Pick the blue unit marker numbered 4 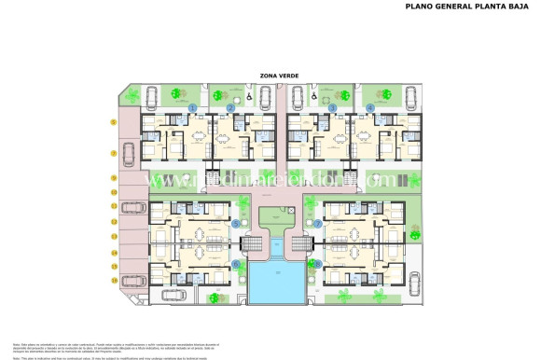click(370, 108)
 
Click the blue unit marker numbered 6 click(235, 264)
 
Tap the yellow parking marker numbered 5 click(114, 122)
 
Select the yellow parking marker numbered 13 click(114, 237)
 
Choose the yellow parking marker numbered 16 click(114, 280)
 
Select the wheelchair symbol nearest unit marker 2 click(249, 95)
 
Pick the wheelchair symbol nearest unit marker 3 click(314, 95)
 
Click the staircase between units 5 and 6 click(251, 244)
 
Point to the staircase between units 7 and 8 click(301, 244)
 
